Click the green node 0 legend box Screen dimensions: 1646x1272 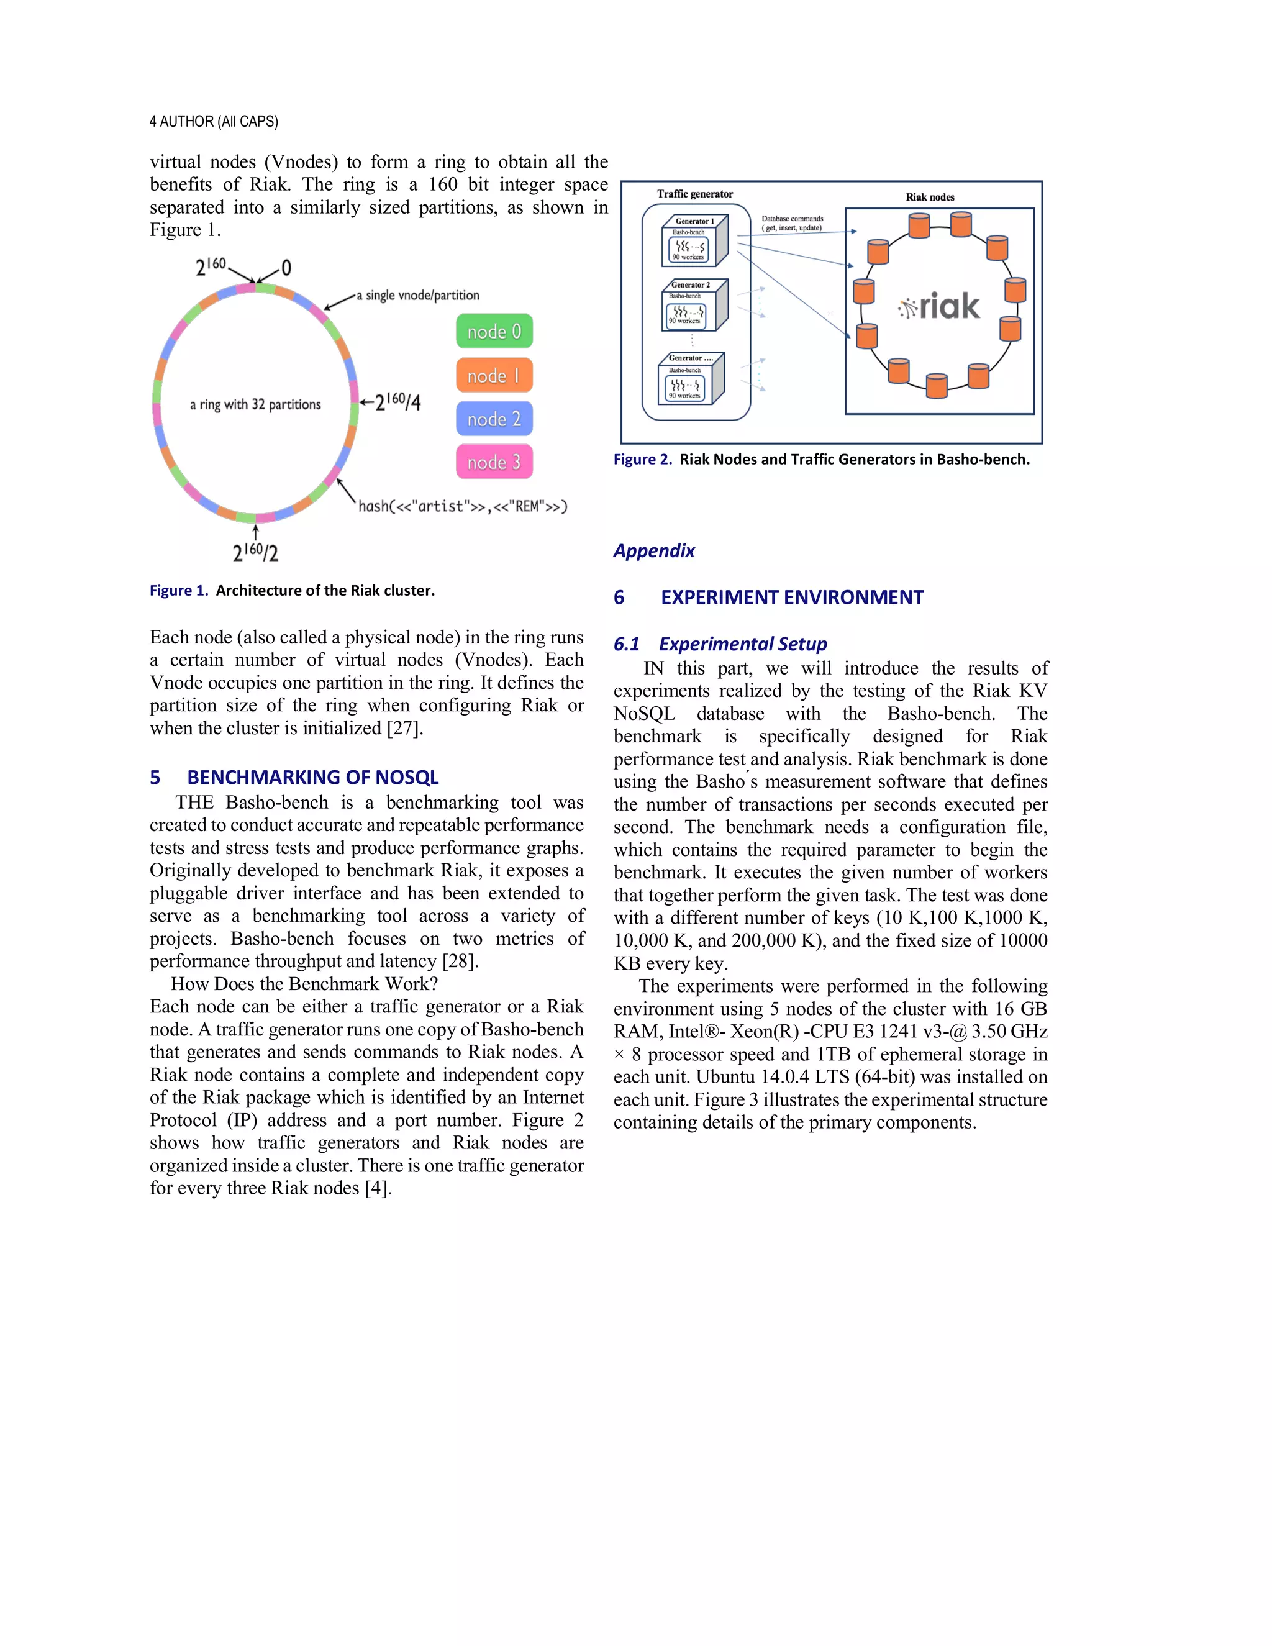click(494, 331)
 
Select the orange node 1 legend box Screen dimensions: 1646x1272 click(494, 375)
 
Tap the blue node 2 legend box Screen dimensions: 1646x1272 click(494, 419)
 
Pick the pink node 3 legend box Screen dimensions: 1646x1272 click(494, 462)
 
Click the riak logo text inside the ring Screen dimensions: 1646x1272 click(940, 306)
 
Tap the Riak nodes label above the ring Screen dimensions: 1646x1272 click(929, 197)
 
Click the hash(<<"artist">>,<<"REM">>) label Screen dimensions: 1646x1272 click(463, 506)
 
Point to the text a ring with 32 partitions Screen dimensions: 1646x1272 click(255, 405)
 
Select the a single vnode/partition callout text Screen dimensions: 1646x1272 click(417, 296)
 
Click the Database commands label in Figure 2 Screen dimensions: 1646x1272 click(792, 223)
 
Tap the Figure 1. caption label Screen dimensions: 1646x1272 click(179, 590)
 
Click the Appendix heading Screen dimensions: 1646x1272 click(653, 551)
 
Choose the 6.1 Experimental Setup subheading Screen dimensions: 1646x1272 click(720, 643)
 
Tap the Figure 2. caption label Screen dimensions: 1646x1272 click(642, 459)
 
